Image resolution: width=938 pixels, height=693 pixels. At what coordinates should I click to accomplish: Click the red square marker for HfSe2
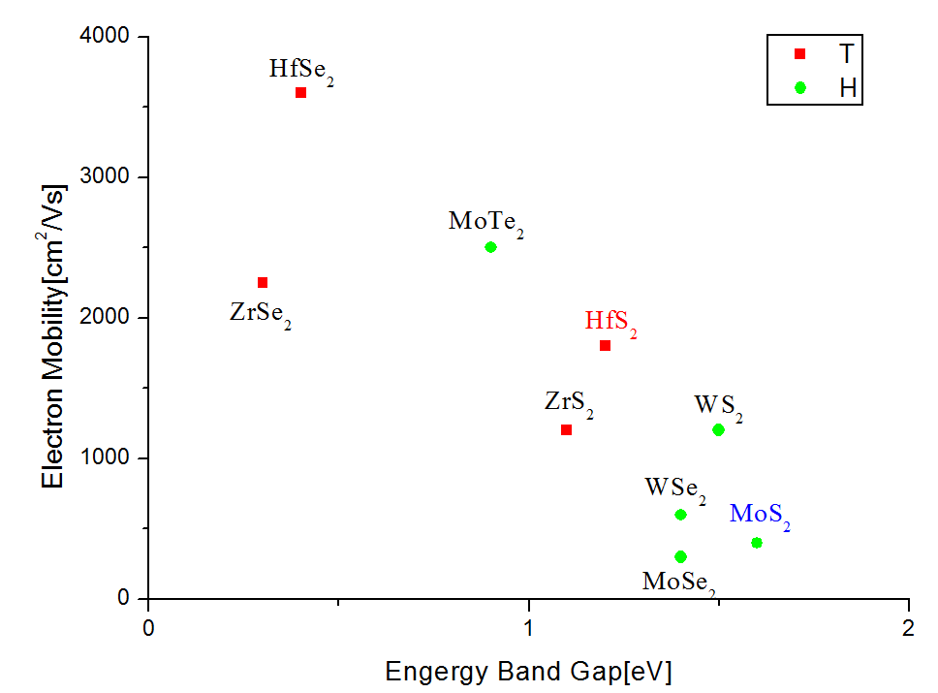[300, 92]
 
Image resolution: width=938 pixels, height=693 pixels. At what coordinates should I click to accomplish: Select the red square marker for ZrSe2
[262, 282]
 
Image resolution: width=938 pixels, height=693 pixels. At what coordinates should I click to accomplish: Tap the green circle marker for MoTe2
[490, 247]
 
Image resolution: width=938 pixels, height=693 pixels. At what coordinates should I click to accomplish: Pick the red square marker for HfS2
[605, 345]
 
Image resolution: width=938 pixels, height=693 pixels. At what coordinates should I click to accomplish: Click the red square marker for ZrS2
[566, 429]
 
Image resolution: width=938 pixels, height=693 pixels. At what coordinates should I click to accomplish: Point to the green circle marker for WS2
[718, 429]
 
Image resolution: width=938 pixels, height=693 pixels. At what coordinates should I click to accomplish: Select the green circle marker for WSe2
[680, 515]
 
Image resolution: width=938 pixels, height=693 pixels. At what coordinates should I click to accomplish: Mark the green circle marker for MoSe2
[680, 556]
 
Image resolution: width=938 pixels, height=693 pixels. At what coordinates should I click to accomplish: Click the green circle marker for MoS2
[756, 543]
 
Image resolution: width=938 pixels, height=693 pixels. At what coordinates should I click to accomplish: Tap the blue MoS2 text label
[760, 515]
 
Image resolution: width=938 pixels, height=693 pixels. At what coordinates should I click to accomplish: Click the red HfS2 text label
[610, 322]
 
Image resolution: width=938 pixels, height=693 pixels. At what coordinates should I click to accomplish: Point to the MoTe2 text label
[485, 222]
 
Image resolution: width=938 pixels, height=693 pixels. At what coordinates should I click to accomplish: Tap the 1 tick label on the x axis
[528, 627]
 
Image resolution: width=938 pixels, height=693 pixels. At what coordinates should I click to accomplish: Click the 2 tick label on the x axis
[908, 627]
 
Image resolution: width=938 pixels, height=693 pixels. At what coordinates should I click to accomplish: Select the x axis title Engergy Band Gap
[528, 671]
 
